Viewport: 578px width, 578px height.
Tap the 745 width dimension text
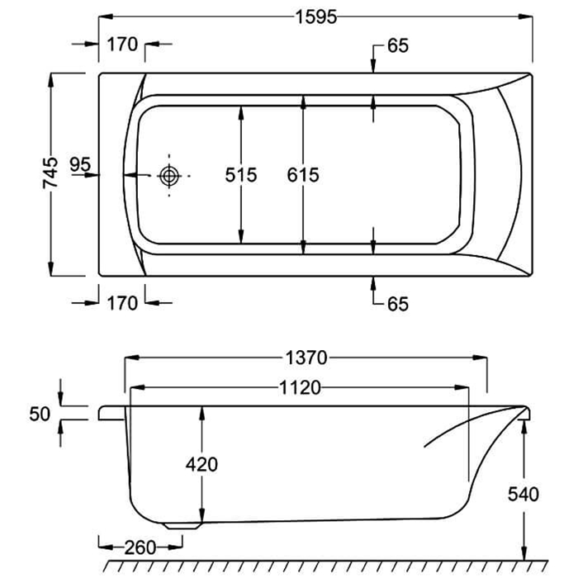click(x=51, y=175)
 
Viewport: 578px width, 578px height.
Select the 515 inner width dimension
click(x=241, y=175)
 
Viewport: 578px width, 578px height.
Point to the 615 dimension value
click(x=303, y=175)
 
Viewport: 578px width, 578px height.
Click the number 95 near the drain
click(x=80, y=164)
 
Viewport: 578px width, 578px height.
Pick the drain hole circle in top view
click(x=169, y=175)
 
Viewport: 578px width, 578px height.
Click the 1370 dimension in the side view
click(x=306, y=358)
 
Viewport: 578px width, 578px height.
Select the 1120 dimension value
click(x=299, y=388)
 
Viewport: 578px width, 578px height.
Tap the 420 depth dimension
click(x=201, y=464)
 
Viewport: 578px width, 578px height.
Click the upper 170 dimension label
click(x=121, y=45)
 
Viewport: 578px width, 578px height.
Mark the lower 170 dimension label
click(x=121, y=304)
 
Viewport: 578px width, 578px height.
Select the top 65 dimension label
click(x=397, y=46)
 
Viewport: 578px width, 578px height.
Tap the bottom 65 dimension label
click(x=397, y=304)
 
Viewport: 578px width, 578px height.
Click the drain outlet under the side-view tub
click(x=184, y=524)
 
